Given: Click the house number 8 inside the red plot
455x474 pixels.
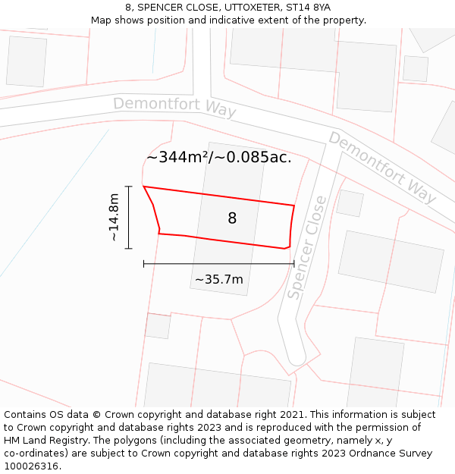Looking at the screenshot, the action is (x=232, y=218).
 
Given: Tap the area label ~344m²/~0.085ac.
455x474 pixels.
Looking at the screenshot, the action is (x=218, y=158).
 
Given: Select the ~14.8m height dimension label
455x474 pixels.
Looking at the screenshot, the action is (x=114, y=218).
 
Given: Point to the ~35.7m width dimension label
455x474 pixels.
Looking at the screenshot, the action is (x=219, y=280).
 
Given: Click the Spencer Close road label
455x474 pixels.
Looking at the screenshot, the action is (x=307, y=247).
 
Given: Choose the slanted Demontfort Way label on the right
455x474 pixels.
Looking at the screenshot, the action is (x=382, y=168).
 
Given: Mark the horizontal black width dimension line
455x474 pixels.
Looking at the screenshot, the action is (x=218, y=264).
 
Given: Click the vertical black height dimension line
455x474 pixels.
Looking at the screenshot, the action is (x=129, y=218).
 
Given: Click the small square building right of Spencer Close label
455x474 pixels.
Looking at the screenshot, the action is (x=350, y=203).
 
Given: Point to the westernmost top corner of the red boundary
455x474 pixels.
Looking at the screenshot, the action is (x=143, y=187).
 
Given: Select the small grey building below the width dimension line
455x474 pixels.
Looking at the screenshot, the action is (x=158, y=326).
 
